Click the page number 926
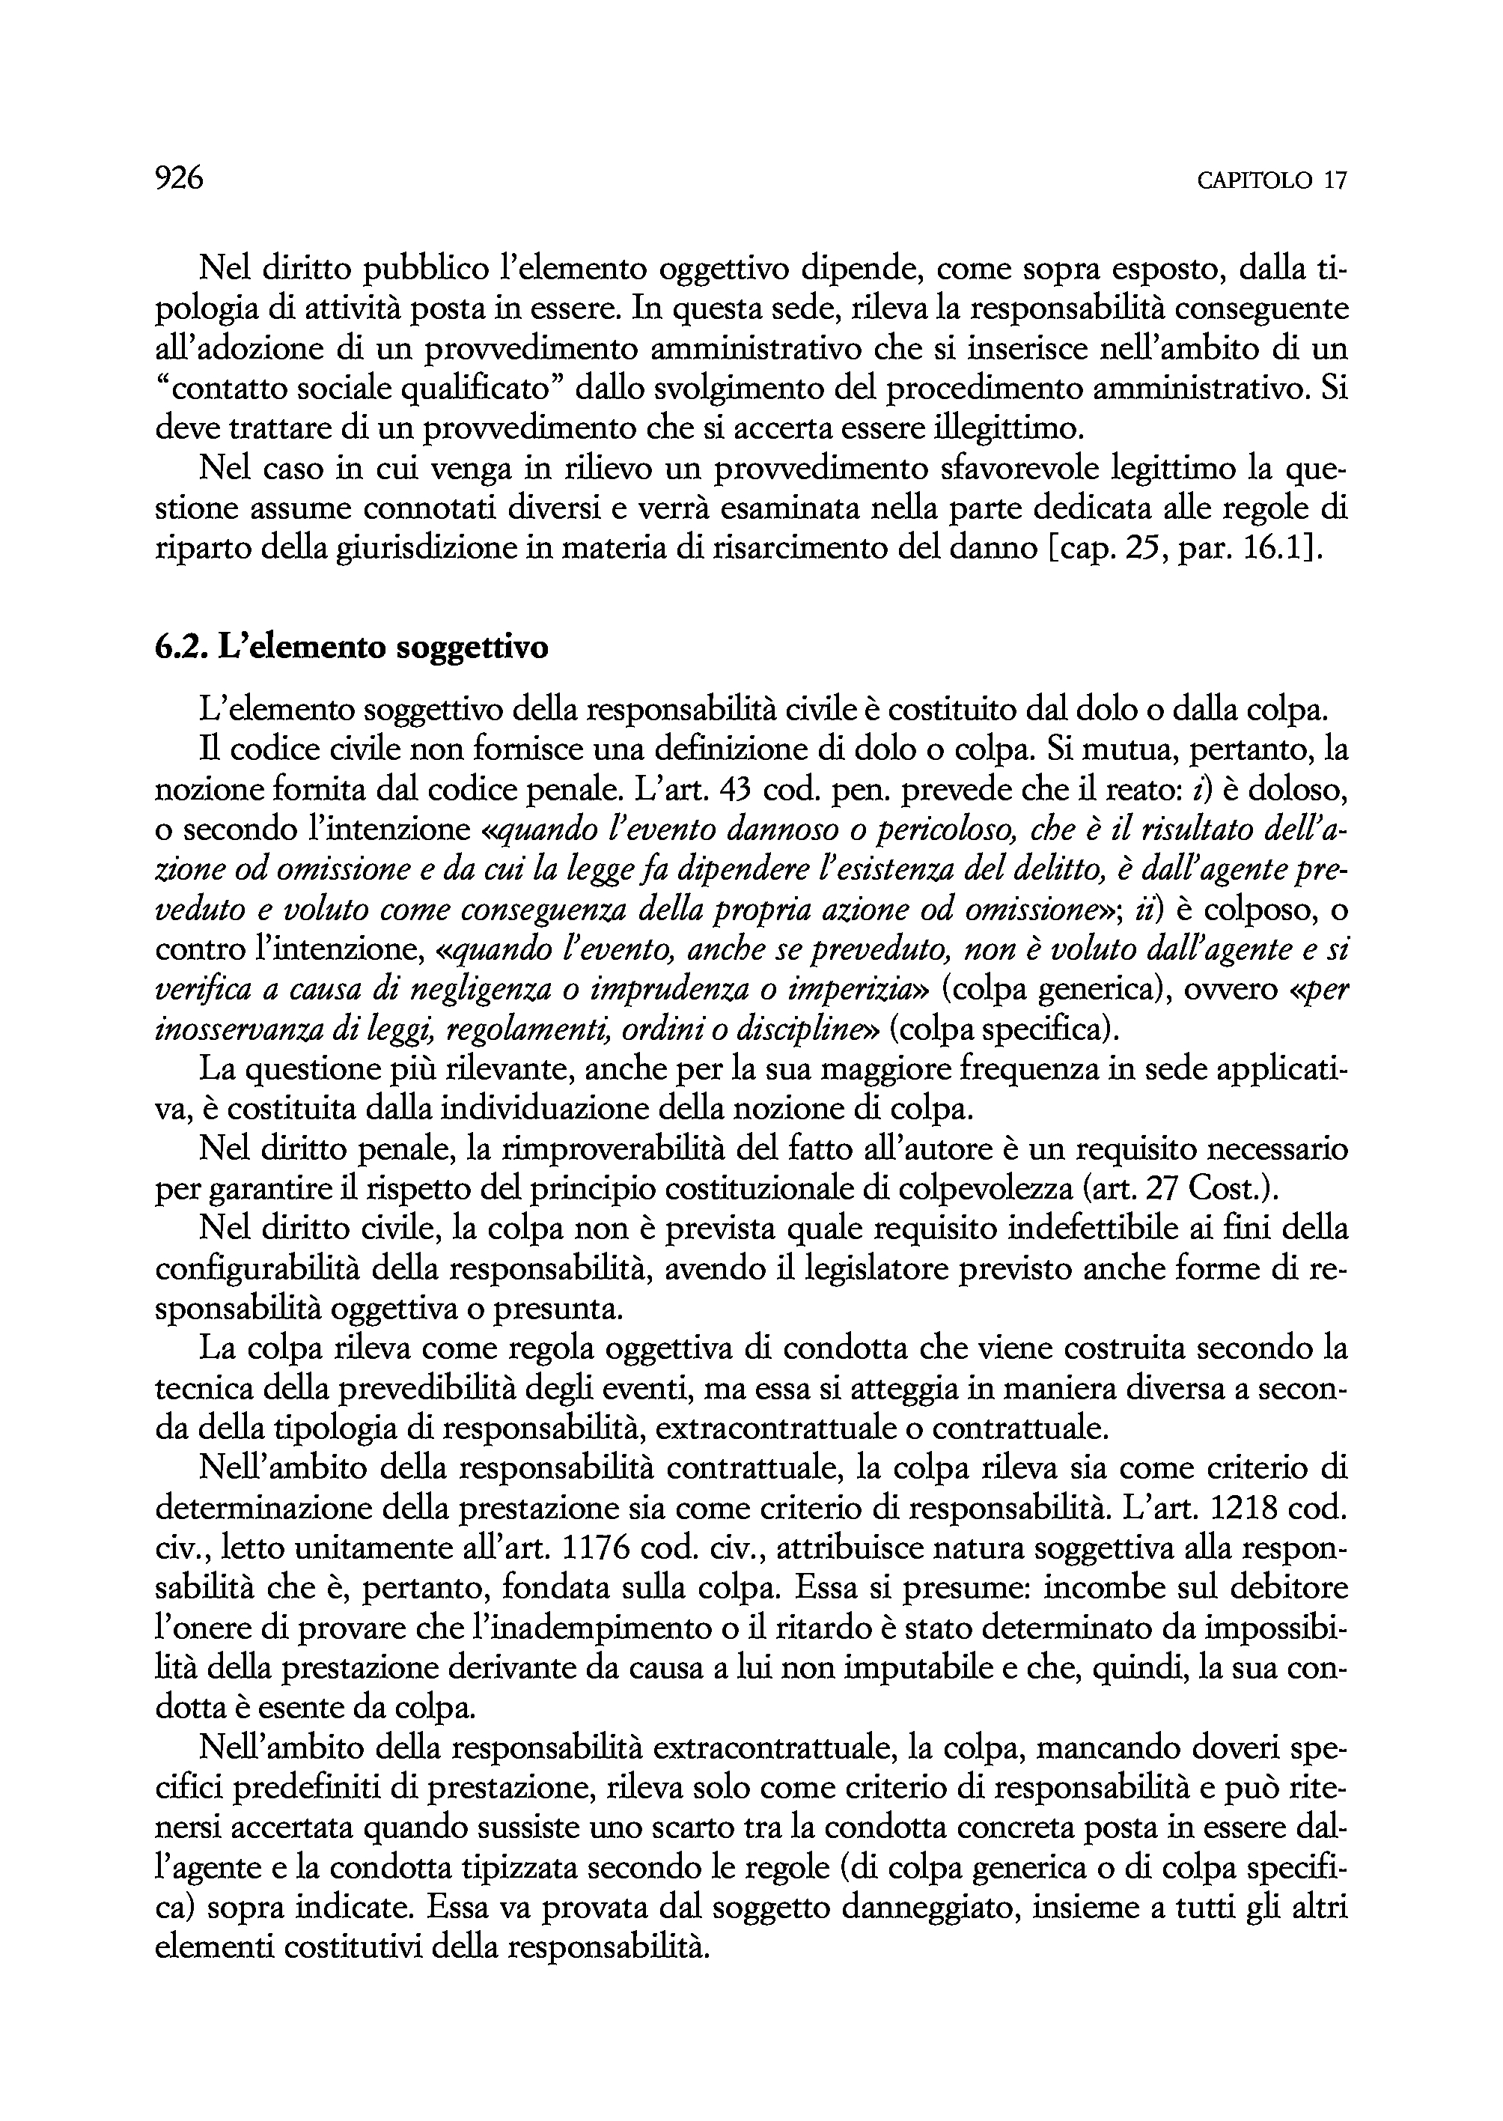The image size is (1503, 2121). click(179, 177)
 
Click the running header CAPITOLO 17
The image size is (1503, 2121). click(1272, 180)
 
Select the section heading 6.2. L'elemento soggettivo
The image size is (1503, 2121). click(352, 647)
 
